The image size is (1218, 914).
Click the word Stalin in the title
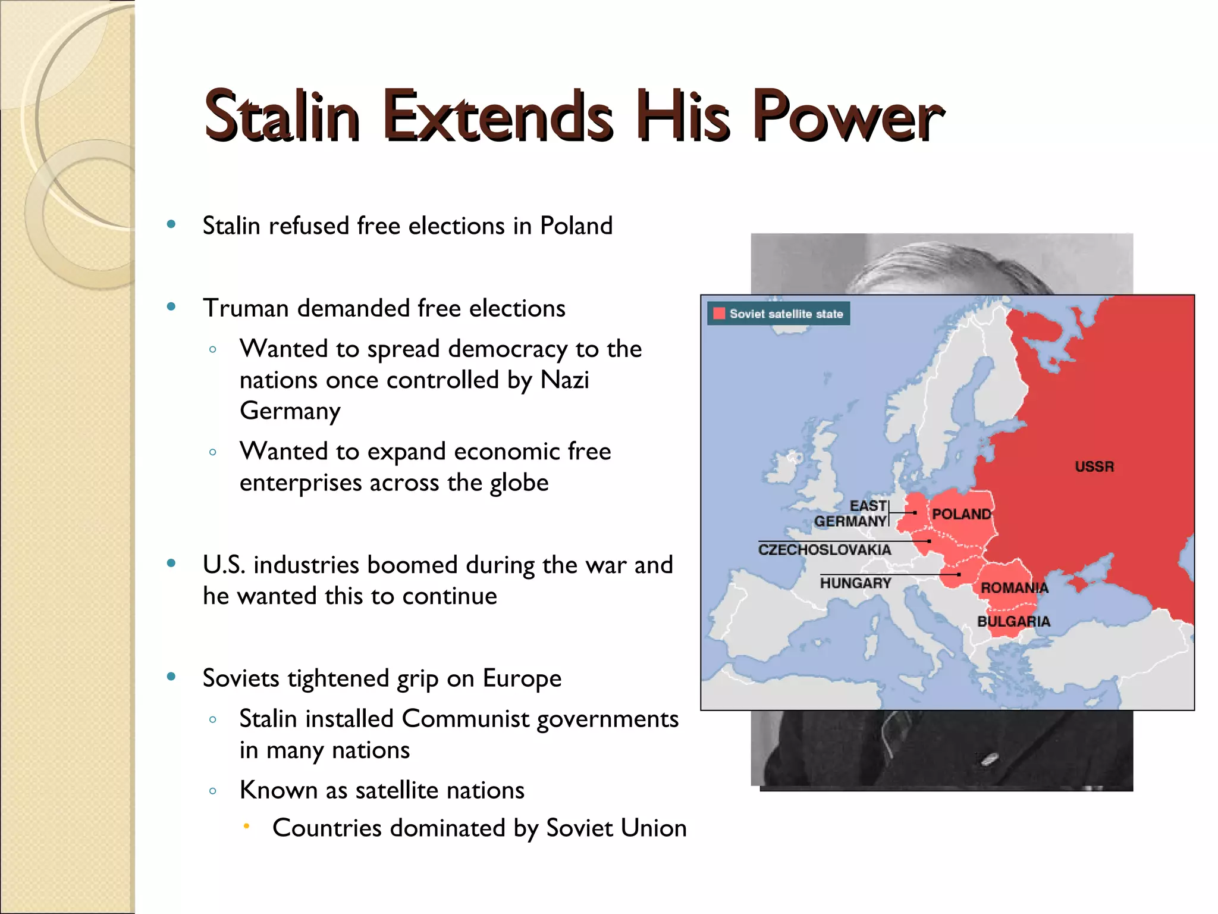tap(281, 115)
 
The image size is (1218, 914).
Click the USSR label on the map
tap(1094, 467)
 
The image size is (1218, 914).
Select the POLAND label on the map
tap(961, 514)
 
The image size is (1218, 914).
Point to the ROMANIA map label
tap(1014, 588)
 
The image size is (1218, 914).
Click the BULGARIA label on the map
tap(1013, 621)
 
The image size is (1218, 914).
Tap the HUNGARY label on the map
tap(855, 583)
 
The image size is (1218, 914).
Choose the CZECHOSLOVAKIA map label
tap(824, 549)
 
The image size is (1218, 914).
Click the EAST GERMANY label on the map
tap(852, 514)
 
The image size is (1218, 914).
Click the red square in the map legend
tap(719, 314)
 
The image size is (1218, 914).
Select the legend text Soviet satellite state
tap(786, 314)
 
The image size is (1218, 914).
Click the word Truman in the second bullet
tap(246, 308)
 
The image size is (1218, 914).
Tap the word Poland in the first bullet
tap(576, 226)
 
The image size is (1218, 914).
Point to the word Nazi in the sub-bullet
tap(564, 380)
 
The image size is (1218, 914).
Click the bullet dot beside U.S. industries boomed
tap(171, 563)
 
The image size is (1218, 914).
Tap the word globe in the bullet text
tap(519, 483)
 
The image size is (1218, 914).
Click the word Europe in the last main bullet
tap(522, 678)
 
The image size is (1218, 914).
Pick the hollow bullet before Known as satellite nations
tap(213, 791)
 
